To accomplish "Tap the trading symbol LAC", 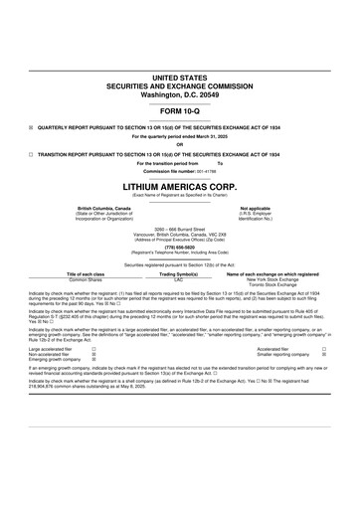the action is point(179,280).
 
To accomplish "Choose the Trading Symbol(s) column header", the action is point(179,274).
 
